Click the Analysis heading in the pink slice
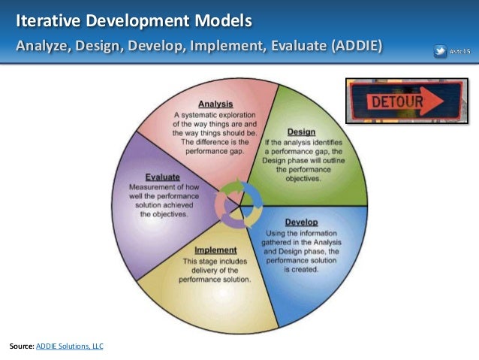[215, 104]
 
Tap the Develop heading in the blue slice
[301, 222]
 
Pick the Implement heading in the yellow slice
[215, 250]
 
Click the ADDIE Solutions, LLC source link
[70, 346]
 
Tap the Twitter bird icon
[441, 51]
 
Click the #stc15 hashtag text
[459, 51]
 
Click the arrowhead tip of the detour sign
[459, 98]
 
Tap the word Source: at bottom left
[22, 346]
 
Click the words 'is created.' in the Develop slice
[302, 268]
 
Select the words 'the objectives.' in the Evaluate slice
[164, 213]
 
